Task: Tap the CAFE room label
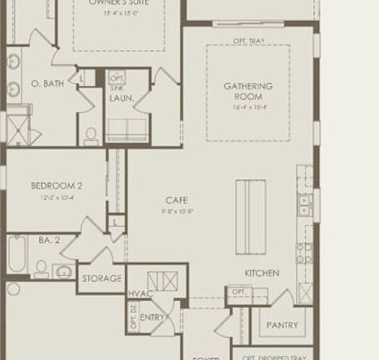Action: (x=177, y=200)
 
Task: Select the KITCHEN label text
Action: (x=261, y=273)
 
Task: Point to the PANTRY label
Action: (x=282, y=324)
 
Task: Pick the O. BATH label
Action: (x=47, y=84)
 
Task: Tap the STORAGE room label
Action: (x=102, y=278)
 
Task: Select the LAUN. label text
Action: (x=122, y=98)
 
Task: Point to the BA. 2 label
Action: (x=49, y=240)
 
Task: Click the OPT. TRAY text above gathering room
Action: (x=248, y=39)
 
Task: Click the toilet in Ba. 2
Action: (x=41, y=267)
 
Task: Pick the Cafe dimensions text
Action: (x=177, y=211)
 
